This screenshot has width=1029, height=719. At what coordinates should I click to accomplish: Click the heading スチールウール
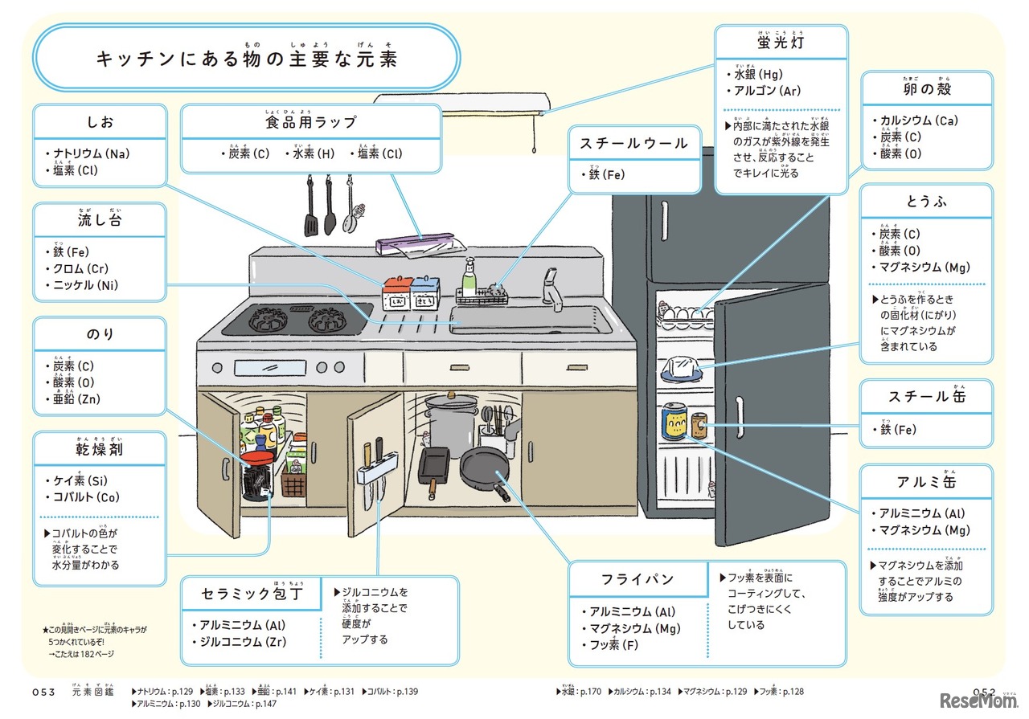(633, 144)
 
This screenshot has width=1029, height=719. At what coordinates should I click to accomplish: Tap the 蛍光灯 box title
(781, 42)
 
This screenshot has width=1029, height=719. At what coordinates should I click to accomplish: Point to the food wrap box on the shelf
(416, 243)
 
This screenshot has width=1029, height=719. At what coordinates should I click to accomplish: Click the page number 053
(43, 692)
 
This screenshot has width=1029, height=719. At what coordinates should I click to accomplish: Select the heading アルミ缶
(926, 482)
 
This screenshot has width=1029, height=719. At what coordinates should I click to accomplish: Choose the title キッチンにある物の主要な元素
(246, 58)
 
